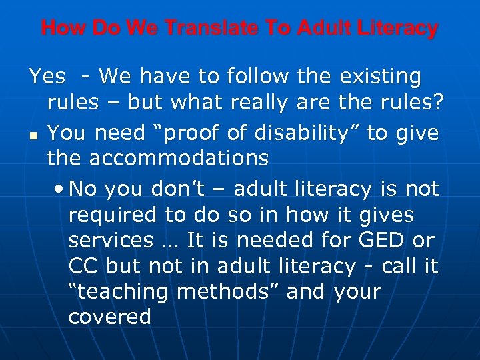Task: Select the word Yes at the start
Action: (x=47, y=77)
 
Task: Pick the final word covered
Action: (x=109, y=316)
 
